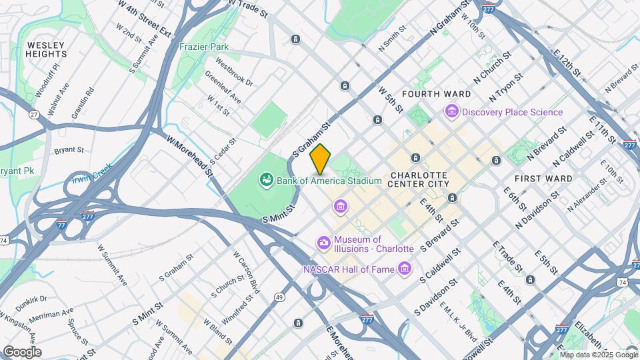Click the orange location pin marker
[x=321, y=159]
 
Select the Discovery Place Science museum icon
[x=451, y=112]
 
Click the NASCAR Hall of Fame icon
[x=404, y=269]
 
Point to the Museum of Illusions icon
[x=325, y=243]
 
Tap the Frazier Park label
[x=203, y=47]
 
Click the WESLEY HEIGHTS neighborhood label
[x=47, y=49]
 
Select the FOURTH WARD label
[x=429, y=94]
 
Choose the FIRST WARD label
[x=543, y=179]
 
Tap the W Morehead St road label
[x=189, y=157]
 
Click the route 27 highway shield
[x=33, y=115]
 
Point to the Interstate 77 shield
[x=61, y=225]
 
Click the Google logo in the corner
[x=22, y=351]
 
